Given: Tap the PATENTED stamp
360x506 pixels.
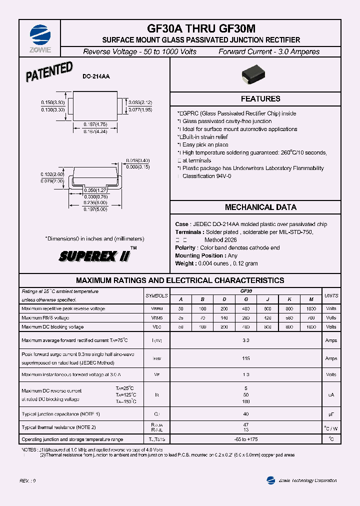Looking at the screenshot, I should click(x=49, y=72).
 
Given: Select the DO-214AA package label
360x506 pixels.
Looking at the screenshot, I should click(x=96, y=76).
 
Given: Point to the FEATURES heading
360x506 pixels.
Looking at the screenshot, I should click(x=260, y=99).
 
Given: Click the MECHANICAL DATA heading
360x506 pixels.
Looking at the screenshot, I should click(x=260, y=207).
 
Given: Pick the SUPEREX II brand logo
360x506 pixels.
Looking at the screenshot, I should click(x=95, y=256).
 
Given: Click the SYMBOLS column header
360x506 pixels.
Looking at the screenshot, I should click(x=156, y=296).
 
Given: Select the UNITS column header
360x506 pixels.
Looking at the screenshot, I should click(x=331, y=296).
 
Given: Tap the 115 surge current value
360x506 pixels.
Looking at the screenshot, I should click(x=245, y=358).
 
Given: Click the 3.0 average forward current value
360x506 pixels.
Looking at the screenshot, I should click(x=245, y=340).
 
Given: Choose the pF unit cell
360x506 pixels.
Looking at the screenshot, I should click(x=331, y=414).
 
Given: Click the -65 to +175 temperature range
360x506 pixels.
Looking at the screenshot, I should click(x=245, y=439).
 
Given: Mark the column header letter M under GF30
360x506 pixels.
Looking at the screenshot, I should click(x=311, y=299).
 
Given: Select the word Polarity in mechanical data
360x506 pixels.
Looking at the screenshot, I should click(x=185, y=248).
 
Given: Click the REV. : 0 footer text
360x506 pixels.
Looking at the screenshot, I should click(x=28, y=480).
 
